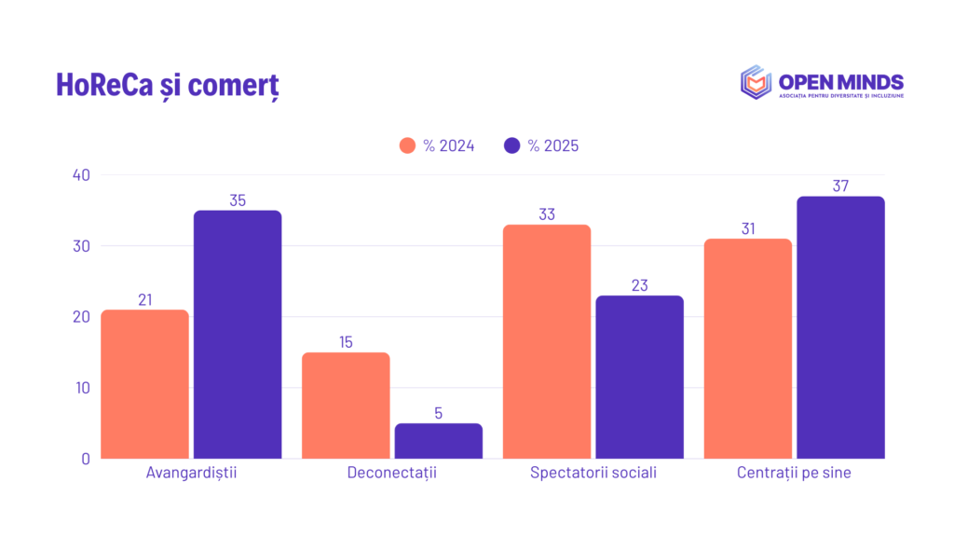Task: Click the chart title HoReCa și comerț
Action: (x=168, y=85)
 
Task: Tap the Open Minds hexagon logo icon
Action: (x=756, y=82)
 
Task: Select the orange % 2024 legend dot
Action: (x=407, y=145)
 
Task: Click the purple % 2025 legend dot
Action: (x=511, y=145)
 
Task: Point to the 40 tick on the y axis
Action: (x=81, y=175)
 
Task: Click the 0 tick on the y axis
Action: (x=86, y=459)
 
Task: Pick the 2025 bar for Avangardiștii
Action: (x=238, y=335)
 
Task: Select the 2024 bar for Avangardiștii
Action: (x=144, y=384)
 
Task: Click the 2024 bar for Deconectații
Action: (x=346, y=406)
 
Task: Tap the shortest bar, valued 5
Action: (x=439, y=441)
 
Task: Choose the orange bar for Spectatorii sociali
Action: (x=547, y=341)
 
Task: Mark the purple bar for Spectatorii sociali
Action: (x=639, y=377)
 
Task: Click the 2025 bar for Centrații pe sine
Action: (x=841, y=327)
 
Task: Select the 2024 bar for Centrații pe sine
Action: (x=748, y=349)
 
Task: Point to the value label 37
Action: (x=841, y=186)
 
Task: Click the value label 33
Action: (x=547, y=214)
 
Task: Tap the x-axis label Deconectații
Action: (x=392, y=473)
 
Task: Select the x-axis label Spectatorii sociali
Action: (x=593, y=473)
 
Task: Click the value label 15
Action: (x=346, y=342)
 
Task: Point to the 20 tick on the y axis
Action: (x=81, y=317)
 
